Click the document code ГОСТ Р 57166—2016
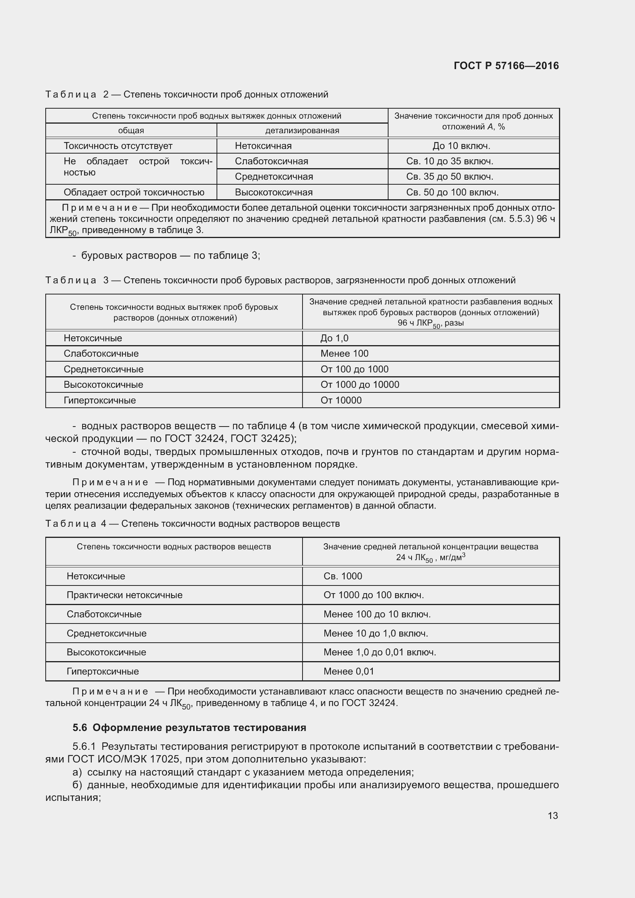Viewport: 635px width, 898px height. (506, 66)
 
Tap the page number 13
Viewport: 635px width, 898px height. (552, 815)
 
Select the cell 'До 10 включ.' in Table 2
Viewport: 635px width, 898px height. (461, 146)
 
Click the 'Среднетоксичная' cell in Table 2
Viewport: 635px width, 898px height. (274, 176)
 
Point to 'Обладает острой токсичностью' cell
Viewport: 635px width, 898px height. (134, 192)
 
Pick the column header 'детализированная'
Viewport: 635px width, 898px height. (302, 130)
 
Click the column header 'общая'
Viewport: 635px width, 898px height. (131, 130)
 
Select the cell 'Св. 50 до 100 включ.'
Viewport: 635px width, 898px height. (452, 192)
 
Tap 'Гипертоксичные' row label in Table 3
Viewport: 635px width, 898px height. (100, 400)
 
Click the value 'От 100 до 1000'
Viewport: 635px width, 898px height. (354, 369)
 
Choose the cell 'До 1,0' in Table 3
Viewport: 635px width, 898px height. (334, 338)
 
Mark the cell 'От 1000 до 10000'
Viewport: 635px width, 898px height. (360, 384)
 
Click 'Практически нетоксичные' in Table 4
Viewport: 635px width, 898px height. (124, 595)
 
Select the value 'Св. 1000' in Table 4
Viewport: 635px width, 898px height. (342, 576)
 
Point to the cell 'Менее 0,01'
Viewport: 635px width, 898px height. (348, 671)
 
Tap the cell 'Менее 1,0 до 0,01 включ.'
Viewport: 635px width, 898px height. (379, 652)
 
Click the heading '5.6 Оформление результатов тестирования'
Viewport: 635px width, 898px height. (189, 728)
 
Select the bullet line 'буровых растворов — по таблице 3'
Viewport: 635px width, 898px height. (170, 255)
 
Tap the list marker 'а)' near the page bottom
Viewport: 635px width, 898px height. (77, 772)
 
